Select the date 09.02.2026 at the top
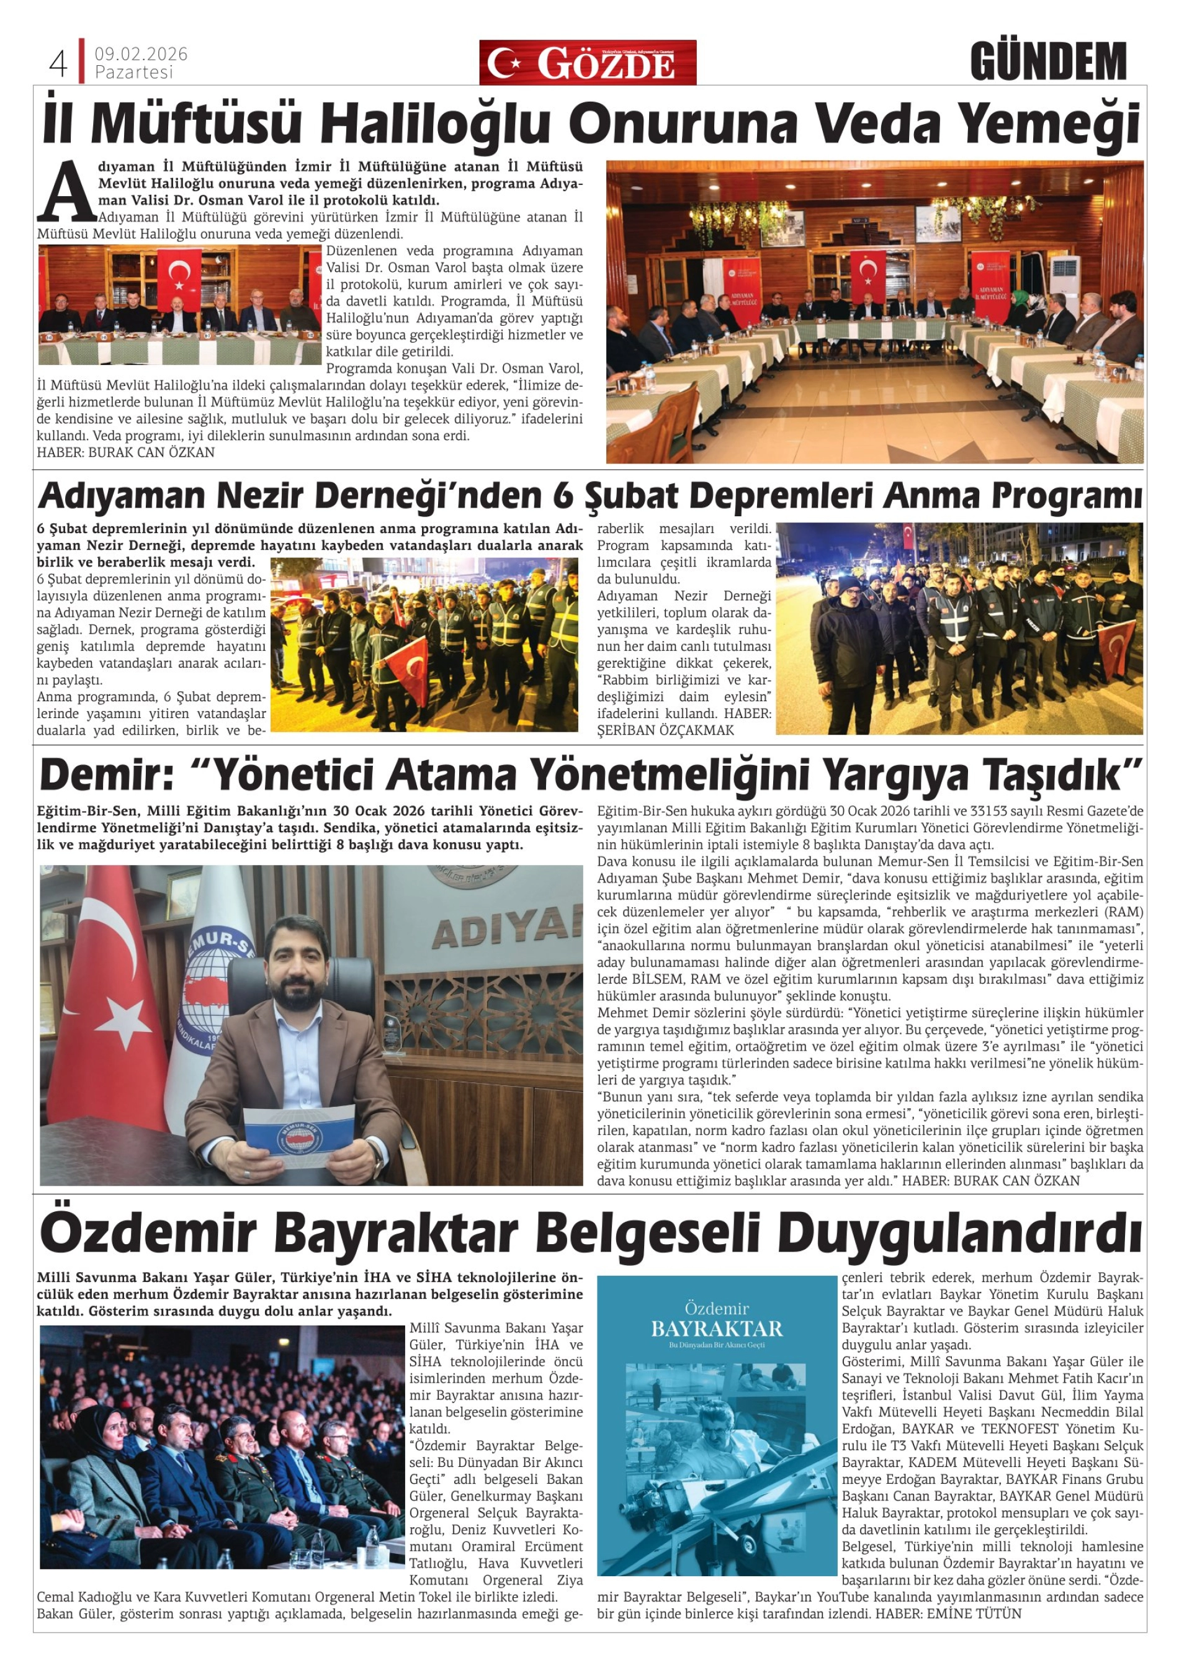click(x=141, y=55)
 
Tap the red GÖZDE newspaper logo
click(x=587, y=63)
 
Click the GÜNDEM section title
click(x=1047, y=62)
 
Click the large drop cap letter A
click(x=67, y=191)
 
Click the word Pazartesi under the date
click(x=135, y=73)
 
